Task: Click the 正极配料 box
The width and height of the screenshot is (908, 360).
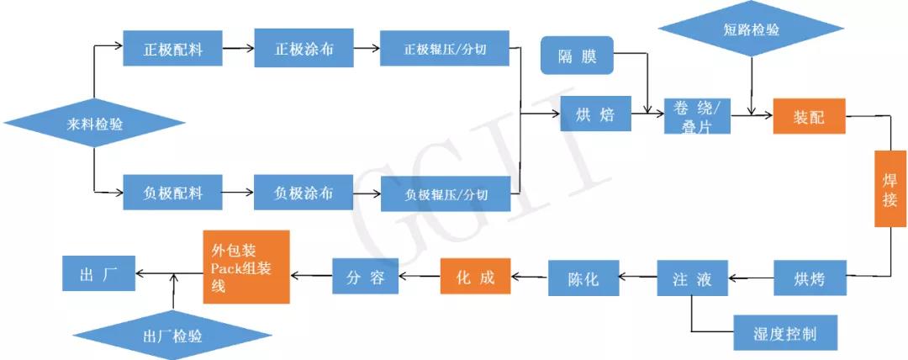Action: [172, 48]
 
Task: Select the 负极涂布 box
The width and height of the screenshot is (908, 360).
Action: [304, 193]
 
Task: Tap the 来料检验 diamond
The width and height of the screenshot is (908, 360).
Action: [94, 124]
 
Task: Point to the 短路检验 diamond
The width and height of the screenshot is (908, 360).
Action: [751, 29]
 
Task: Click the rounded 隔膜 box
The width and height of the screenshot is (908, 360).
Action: [577, 56]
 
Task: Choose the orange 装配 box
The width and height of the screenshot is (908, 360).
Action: [809, 116]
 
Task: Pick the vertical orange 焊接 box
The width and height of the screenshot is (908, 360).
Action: [890, 188]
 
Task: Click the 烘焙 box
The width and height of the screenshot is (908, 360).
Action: [594, 114]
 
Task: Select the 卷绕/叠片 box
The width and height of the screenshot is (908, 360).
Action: [697, 116]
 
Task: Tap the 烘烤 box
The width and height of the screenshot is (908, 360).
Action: [810, 278]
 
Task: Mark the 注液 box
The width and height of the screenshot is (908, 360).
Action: [692, 278]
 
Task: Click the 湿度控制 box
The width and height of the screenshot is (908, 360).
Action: [785, 333]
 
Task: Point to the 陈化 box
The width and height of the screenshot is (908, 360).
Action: [583, 278]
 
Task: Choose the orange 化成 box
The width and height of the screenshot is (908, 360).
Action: [475, 276]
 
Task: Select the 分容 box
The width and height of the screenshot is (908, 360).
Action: [366, 276]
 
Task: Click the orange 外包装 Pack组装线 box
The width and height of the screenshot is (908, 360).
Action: [246, 267]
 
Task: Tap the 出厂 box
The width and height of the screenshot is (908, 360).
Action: [98, 273]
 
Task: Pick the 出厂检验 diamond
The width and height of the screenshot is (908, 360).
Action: [172, 336]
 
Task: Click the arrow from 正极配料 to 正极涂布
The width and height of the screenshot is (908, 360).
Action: [238, 48]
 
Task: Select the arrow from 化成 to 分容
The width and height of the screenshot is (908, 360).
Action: [420, 277]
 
